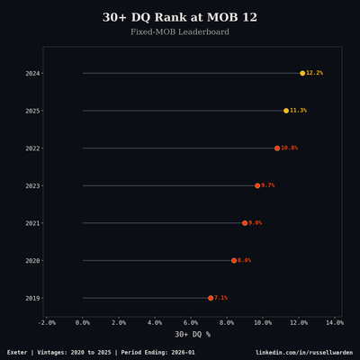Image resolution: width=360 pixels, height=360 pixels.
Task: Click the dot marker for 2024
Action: click(x=302, y=73)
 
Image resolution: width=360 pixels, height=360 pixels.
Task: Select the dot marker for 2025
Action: click(x=286, y=111)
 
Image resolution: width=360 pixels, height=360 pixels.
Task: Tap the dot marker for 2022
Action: click(x=277, y=148)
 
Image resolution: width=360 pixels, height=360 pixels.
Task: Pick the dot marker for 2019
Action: click(x=211, y=298)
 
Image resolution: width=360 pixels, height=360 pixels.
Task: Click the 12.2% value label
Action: click(x=315, y=73)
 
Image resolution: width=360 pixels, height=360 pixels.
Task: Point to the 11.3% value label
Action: click(x=299, y=111)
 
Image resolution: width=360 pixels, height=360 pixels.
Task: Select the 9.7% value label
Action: click(x=268, y=185)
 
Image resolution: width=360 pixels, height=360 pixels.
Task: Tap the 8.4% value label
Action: click(x=245, y=260)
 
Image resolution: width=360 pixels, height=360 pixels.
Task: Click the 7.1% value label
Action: click(x=221, y=298)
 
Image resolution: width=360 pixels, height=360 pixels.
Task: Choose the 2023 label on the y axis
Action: click(x=32, y=185)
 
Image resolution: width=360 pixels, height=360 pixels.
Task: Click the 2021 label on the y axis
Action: click(x=32, y=223)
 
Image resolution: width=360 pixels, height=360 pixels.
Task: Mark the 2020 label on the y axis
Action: click(x=32, y=260)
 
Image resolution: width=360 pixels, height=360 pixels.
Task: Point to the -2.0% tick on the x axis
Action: click(x=47, y=322)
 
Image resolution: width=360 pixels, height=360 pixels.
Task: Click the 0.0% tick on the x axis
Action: click(x=83, y=322)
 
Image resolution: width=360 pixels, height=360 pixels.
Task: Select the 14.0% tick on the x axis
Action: click(x=334, y=322)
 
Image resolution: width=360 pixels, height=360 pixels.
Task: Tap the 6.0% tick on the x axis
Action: click(x=191, y=322)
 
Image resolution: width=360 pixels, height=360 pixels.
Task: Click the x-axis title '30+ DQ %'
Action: click(x=192, y=334)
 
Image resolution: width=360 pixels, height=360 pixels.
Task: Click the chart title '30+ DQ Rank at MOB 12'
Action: click(x=180, y=17)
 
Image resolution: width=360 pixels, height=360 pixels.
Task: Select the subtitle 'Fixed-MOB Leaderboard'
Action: click(x=180, y=32)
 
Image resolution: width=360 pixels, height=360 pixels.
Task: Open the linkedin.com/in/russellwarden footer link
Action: click(x=304, y=352)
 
